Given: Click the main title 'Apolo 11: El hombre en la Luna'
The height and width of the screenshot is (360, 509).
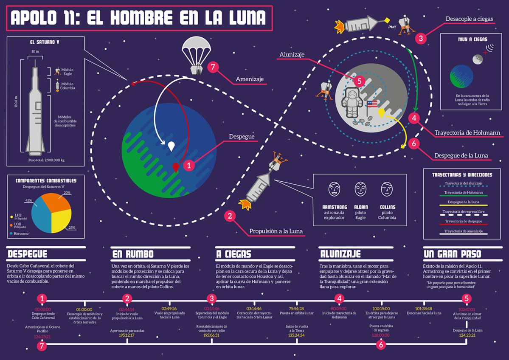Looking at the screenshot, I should [138, 18].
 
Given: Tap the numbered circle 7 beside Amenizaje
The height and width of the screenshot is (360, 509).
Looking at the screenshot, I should [214, 68].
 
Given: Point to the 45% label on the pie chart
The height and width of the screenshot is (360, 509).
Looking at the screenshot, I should [29, 200].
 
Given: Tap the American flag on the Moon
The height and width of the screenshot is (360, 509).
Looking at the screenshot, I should [372, 104].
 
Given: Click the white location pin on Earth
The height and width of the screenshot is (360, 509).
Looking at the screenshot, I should [171, 146].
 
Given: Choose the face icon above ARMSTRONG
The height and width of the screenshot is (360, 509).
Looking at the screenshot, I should [335, 189].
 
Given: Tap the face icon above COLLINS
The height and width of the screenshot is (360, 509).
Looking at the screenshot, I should [386, 189].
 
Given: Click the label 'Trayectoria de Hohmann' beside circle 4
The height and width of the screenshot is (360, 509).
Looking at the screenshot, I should [467, 133].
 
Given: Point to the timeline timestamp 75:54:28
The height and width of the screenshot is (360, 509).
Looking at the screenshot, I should [297, 309].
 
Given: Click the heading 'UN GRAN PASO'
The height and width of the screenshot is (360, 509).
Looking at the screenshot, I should [452, 254].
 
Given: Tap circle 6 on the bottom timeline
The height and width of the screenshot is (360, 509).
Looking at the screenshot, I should [381, 345].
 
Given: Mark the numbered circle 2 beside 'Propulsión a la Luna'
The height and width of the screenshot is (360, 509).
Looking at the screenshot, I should [230, 216].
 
